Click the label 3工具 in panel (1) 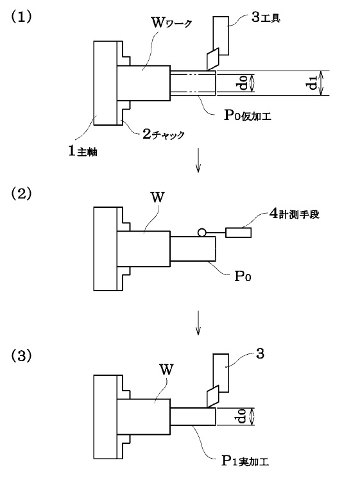tap(266, 18)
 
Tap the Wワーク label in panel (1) tap(172, 22)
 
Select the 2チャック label tap(164, 134)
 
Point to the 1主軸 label tap(83, 151)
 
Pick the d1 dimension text tap(313, 83)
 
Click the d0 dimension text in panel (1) tap(243, 83)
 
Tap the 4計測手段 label tap(295, 214)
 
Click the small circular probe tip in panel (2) tap(202, 232)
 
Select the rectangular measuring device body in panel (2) tap(238, 233)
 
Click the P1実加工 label tap(245, 461)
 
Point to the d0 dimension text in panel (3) tap(243, 416)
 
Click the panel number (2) tap(21, 194)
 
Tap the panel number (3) tap(21, 357)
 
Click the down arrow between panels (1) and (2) tap(198, 160)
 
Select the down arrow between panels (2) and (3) tap(198, 323)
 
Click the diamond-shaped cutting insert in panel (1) tap(213, 59)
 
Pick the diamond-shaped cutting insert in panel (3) tap(213, 396)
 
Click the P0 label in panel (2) tap(243, 276)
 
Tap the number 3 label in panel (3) tap(260, 354)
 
